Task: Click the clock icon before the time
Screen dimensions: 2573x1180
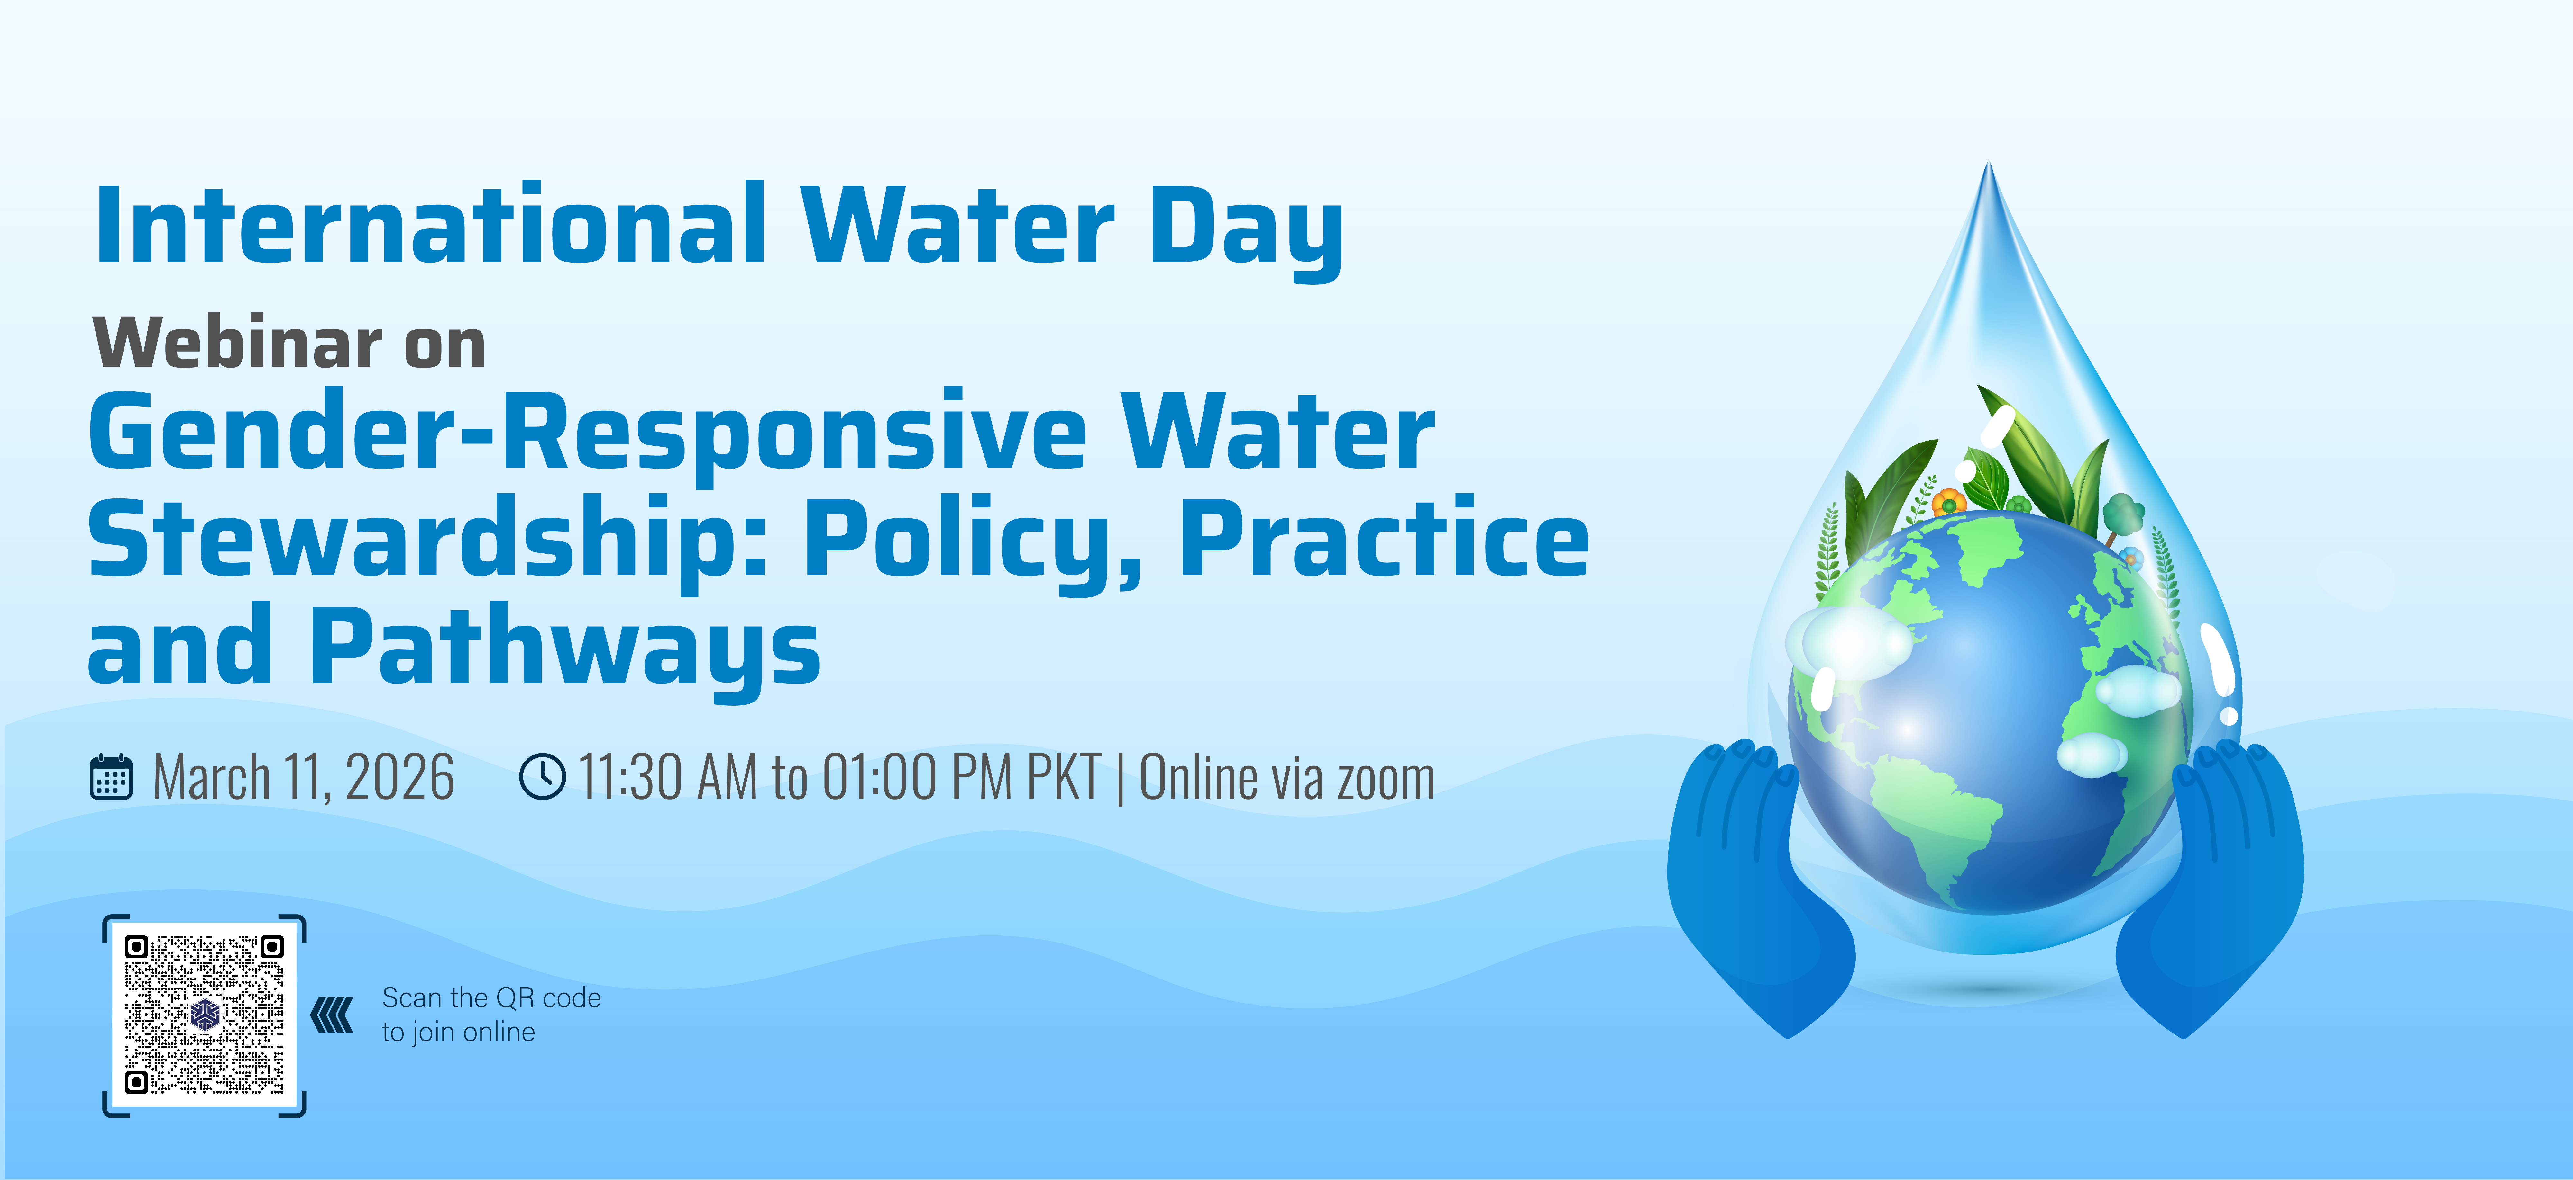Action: pyautogui.click(x=542, y=777)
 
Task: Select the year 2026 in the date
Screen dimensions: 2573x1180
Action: pyautogui.click(x=399, y=778)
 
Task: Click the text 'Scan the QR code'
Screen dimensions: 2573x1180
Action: pyautogui.click(x=491, y=997)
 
